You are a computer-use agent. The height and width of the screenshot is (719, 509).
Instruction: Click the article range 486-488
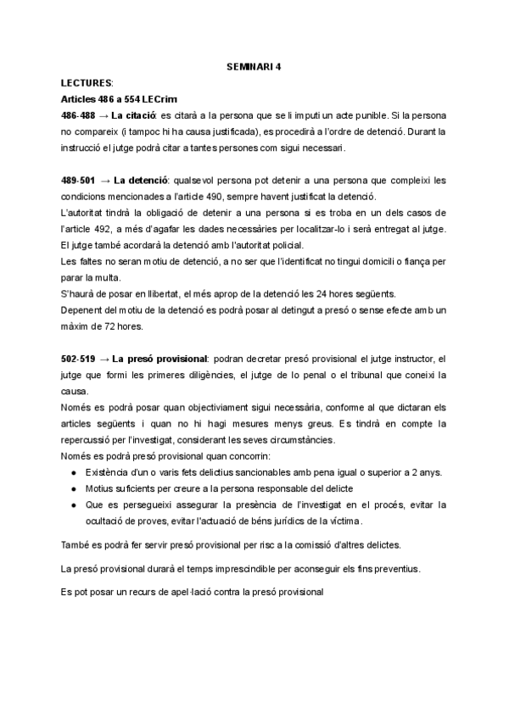click(77, 115)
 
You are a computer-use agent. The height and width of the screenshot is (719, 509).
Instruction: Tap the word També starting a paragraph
click(76, 544)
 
